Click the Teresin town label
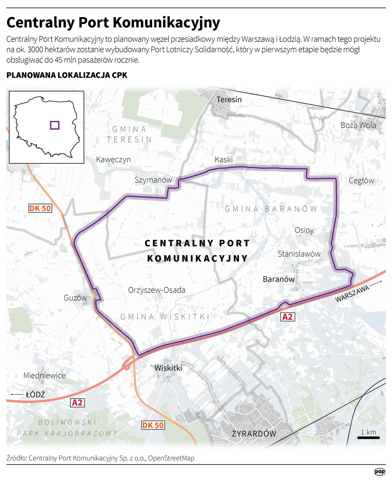(x=229, y=100)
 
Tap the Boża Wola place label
(x=358, y=125)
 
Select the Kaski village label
(x=224, y=160)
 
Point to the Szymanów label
(x=153, y=180)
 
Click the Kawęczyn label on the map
(x=113, y=160)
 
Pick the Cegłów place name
(x=361, y=181)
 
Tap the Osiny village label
(x=304, y=230)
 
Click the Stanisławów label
(x=299, y=254)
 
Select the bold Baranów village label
(x=279, y=279)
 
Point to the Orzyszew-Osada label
(x=157, y=290)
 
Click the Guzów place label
(x=75, y=298)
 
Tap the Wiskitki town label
(x=168, y=368)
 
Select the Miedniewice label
(x=44, y=375)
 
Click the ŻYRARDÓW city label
(x=254, y=434)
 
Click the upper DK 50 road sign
(x=40, y=208)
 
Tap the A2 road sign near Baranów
(x=287, y=317)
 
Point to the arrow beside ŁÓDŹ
(x=16, y=394)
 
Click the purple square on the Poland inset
(x=55, y=125)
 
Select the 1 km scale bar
(x=368, y=437)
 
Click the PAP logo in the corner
(x=380, y=472)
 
